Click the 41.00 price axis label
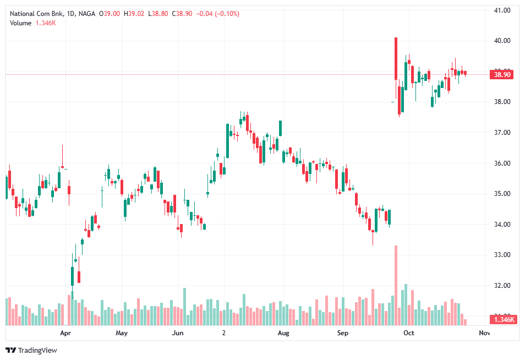click(x=503, y=10)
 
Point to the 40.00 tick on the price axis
click(x=503, y=41)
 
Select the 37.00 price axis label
click(x=503, y=133)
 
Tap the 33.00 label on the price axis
click(x=503, y=255)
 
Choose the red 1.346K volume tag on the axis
click(x=503, y=320)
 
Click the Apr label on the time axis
click(x=65, y=333)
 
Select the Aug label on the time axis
click(x=283, y=333)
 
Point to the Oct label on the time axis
click(x=408, y=333)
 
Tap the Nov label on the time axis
click(x=484, y=333)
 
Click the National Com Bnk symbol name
click(x=36, y=13)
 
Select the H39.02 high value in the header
click(x=133, y=13)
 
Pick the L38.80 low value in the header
click(x=160, y=13)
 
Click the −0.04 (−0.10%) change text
click(x=218, y=13)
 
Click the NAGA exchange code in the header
click(x=86, y=13)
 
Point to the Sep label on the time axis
click(x=342, y=333)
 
